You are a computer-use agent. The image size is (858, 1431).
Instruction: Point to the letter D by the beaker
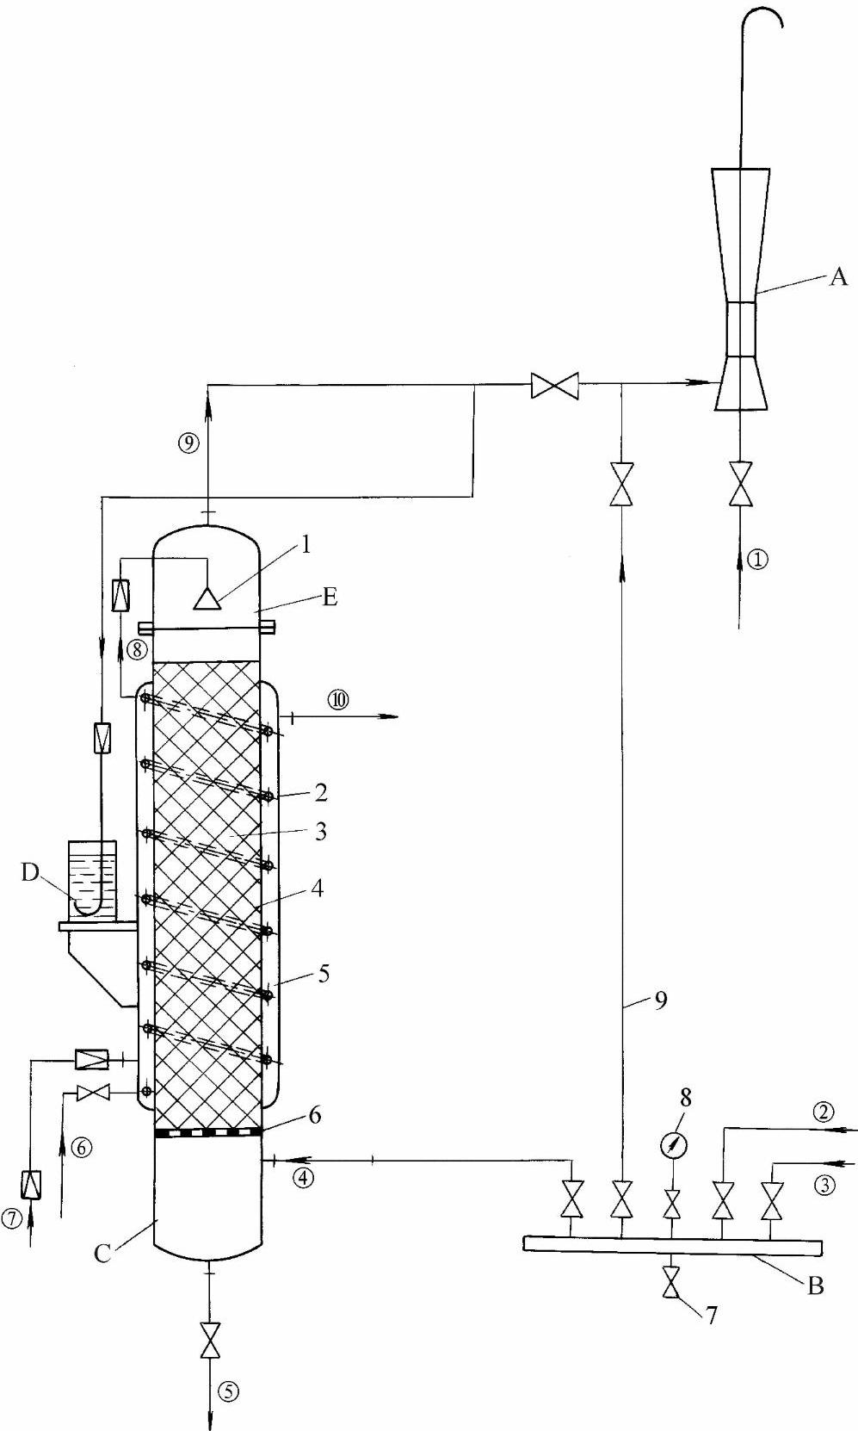click(30, 872)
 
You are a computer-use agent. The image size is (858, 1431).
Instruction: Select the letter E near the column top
click(330, 597)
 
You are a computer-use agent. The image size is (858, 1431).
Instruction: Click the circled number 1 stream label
click(757, 561)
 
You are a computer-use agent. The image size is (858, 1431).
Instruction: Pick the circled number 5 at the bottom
click(228, 1391)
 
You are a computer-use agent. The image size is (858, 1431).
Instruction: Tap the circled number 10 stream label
click(338, 700)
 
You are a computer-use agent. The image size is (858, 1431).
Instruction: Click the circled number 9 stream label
click(189, 443)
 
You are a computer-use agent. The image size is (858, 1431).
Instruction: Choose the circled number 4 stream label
click(304, 1177)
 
